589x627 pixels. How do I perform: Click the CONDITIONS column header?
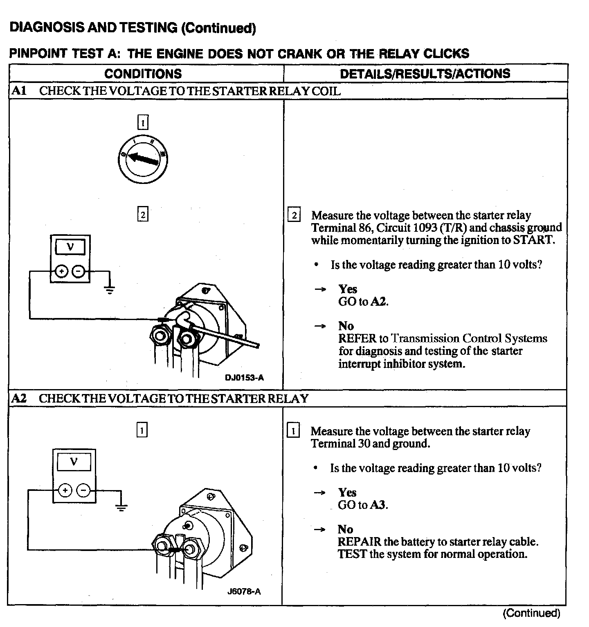[x=143, y=74]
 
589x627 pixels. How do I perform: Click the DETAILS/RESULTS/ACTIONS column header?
[x=425, y=74]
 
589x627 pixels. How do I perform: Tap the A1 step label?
[x=19, y=91]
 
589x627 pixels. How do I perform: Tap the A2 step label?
[x=19, y=398]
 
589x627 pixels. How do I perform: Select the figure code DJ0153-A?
[x=244, y=378]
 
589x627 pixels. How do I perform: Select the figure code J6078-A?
[x=245, y=591]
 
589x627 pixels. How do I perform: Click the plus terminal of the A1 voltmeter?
[x=61, y=271]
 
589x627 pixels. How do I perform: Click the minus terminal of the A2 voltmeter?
[x=83, y=490]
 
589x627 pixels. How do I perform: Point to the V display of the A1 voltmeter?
[x=70, y=247]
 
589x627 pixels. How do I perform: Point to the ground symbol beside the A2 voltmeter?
[x=121, y=507]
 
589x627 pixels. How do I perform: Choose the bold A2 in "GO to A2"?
[x=378, y=302]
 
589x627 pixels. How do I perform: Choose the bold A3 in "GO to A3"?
[x=378, y=505]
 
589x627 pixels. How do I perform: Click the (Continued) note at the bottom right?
[x=531, y=613]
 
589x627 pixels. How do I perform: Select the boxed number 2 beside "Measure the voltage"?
[x=294, y=215]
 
